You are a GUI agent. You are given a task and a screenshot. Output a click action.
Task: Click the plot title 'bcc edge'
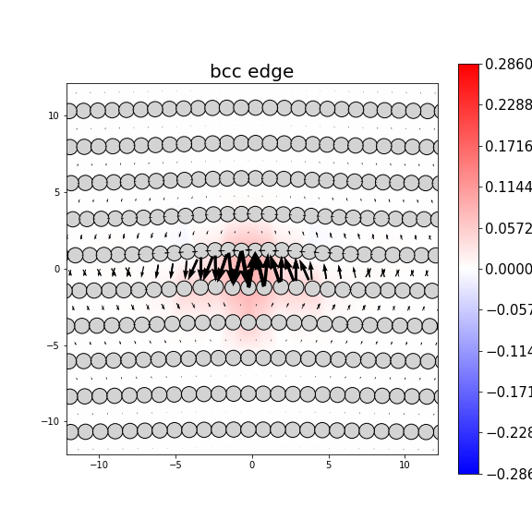(251, 72)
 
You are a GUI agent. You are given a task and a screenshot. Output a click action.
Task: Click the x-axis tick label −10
(98, 465)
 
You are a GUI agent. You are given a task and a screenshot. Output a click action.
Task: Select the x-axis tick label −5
(175, 465)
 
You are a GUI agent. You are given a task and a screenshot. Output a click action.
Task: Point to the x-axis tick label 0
(251, 465)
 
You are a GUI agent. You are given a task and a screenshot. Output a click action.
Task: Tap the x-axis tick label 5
(328, 465)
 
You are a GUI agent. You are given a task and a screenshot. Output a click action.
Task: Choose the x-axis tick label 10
(405, 465)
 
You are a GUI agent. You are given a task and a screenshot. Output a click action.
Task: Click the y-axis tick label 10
(54, 115)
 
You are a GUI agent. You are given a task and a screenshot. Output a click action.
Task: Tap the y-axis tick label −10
(52, 422)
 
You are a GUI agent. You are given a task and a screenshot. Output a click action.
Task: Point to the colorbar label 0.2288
(509, 105)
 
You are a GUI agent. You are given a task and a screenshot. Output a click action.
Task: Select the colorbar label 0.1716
(509, 146)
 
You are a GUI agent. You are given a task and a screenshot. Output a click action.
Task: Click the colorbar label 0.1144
(509, 187)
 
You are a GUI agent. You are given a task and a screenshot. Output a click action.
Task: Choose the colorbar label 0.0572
(509, 228)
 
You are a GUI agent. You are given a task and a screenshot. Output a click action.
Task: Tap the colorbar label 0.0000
(509, 269)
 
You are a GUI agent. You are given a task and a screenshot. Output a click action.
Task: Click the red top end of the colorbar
(468, 68)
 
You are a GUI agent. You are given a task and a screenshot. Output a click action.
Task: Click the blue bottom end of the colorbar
(468, 469)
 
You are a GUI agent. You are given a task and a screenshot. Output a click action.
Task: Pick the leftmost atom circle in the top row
(69, 111)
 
